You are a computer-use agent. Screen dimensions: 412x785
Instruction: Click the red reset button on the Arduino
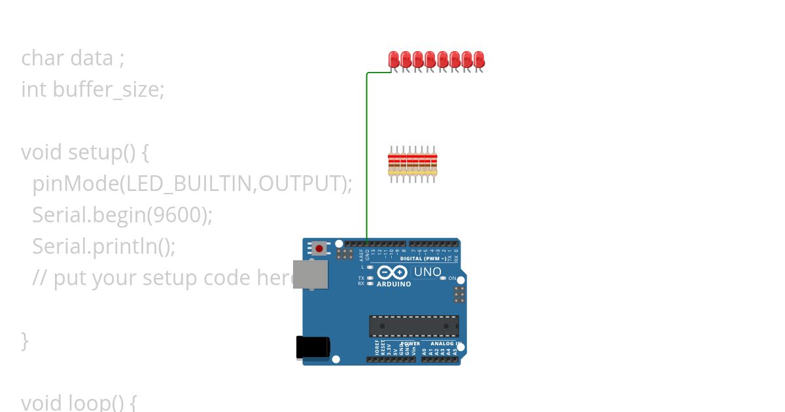[x=319, y=249]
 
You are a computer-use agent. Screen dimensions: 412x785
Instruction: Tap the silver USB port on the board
[x=310, y=274]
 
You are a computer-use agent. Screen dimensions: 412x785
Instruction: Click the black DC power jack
[x=312, y=347]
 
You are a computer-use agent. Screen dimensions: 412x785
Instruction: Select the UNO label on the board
[x=427, y=271]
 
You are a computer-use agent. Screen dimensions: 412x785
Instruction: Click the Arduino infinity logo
[x=392, y=273]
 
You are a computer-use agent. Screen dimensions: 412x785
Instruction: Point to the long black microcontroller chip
[x=413, y=326]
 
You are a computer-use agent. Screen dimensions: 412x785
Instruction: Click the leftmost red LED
[x=394, y=60]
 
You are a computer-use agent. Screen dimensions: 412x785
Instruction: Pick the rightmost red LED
[x=479, y=60]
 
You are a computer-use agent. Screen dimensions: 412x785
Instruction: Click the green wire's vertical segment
[x=367, y=157]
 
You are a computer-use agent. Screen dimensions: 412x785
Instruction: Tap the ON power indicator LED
[x=443, y=279]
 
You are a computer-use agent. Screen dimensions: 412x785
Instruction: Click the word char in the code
[x=43, y=58]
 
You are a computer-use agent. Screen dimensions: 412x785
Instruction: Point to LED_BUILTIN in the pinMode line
[x=189, y=184]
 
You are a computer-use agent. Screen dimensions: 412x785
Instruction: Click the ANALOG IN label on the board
[x=445, y=343]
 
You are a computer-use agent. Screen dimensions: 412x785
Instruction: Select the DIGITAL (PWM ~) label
[x=423, y=258]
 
